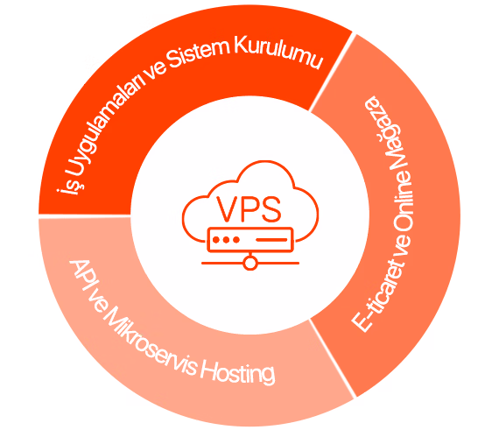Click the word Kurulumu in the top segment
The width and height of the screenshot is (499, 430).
tap(278, 53)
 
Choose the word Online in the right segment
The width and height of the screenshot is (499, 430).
tap(403, 204)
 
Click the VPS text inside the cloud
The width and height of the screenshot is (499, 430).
tap(249, 209)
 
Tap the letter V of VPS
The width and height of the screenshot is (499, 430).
tap(228, 209)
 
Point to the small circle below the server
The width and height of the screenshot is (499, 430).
tap(250, 264)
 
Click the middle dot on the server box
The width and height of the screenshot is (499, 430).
tap(226, 240)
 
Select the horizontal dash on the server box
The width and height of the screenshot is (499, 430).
tap(271, 240)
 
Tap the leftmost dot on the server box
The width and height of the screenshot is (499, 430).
tap(216, 240)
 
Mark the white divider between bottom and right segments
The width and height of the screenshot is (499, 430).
tap(333, 359)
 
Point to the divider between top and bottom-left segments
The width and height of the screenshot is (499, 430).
tap(85, 216)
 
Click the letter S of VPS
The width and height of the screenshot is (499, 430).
tap(271, 209)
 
